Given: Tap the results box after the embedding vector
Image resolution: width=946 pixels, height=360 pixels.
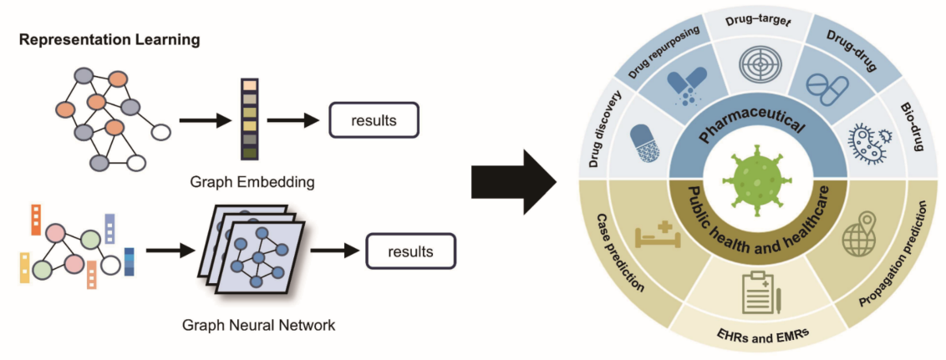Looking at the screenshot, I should (374, 120).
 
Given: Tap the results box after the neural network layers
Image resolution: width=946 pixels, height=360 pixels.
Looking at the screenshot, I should (410, 251).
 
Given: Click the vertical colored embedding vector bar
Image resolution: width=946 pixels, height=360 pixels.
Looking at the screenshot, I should (249, 119).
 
